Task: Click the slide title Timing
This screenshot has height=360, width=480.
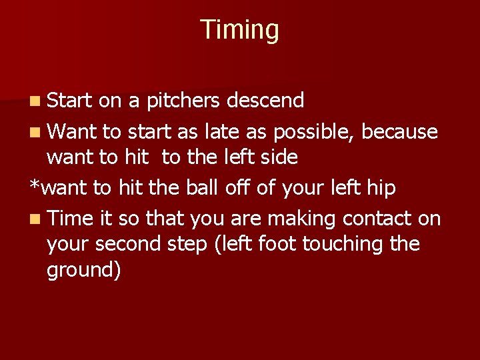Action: (x=239, y=30)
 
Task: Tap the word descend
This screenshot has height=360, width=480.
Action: (x=265, y=101)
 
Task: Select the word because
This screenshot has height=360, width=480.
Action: (x=399, y=131)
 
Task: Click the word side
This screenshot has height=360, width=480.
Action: (x=279, y=158)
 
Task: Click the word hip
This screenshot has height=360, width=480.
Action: (x=381, y=189)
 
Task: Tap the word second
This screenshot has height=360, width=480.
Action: (x=127, y=244)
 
